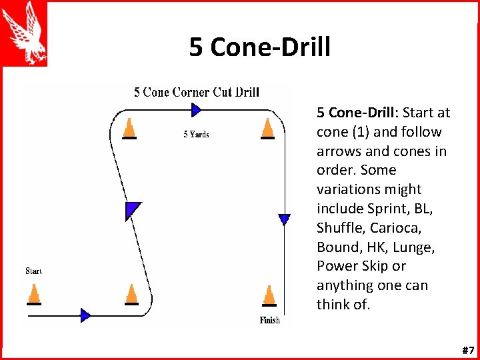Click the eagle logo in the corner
coord(24,33)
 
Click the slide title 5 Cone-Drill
coord(259,47)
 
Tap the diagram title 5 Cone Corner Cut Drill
coord(196,92)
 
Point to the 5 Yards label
coord(196,135)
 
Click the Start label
coord(33,271)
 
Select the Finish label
coord(269,321)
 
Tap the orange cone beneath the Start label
coord(33,294)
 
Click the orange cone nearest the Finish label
coord(269,295)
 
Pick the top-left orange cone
coord(129,128)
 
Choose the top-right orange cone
coord(267,128)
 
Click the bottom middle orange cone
coord(131,294)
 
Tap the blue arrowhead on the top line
coord(195,109)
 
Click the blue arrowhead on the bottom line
coord(85,315)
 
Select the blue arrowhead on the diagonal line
coord(133,209)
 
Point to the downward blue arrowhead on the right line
coord(285,219)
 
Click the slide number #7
coord(467,350)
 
